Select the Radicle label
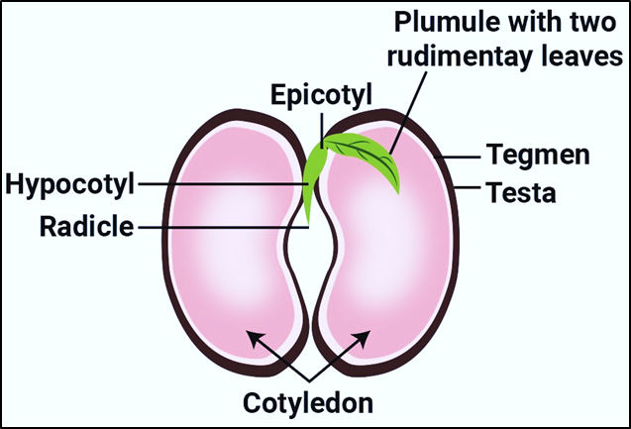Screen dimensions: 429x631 click(85, 226)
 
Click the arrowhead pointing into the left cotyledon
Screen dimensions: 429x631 click(254, 337)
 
